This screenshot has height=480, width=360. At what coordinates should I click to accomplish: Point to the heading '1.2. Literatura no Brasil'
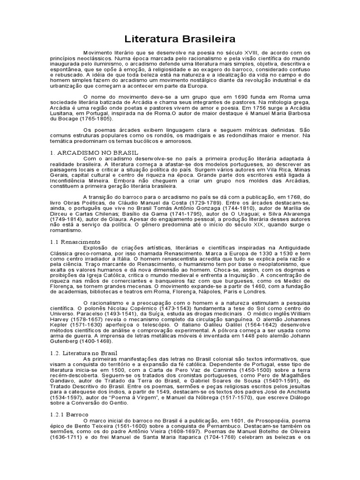click(83, 352)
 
